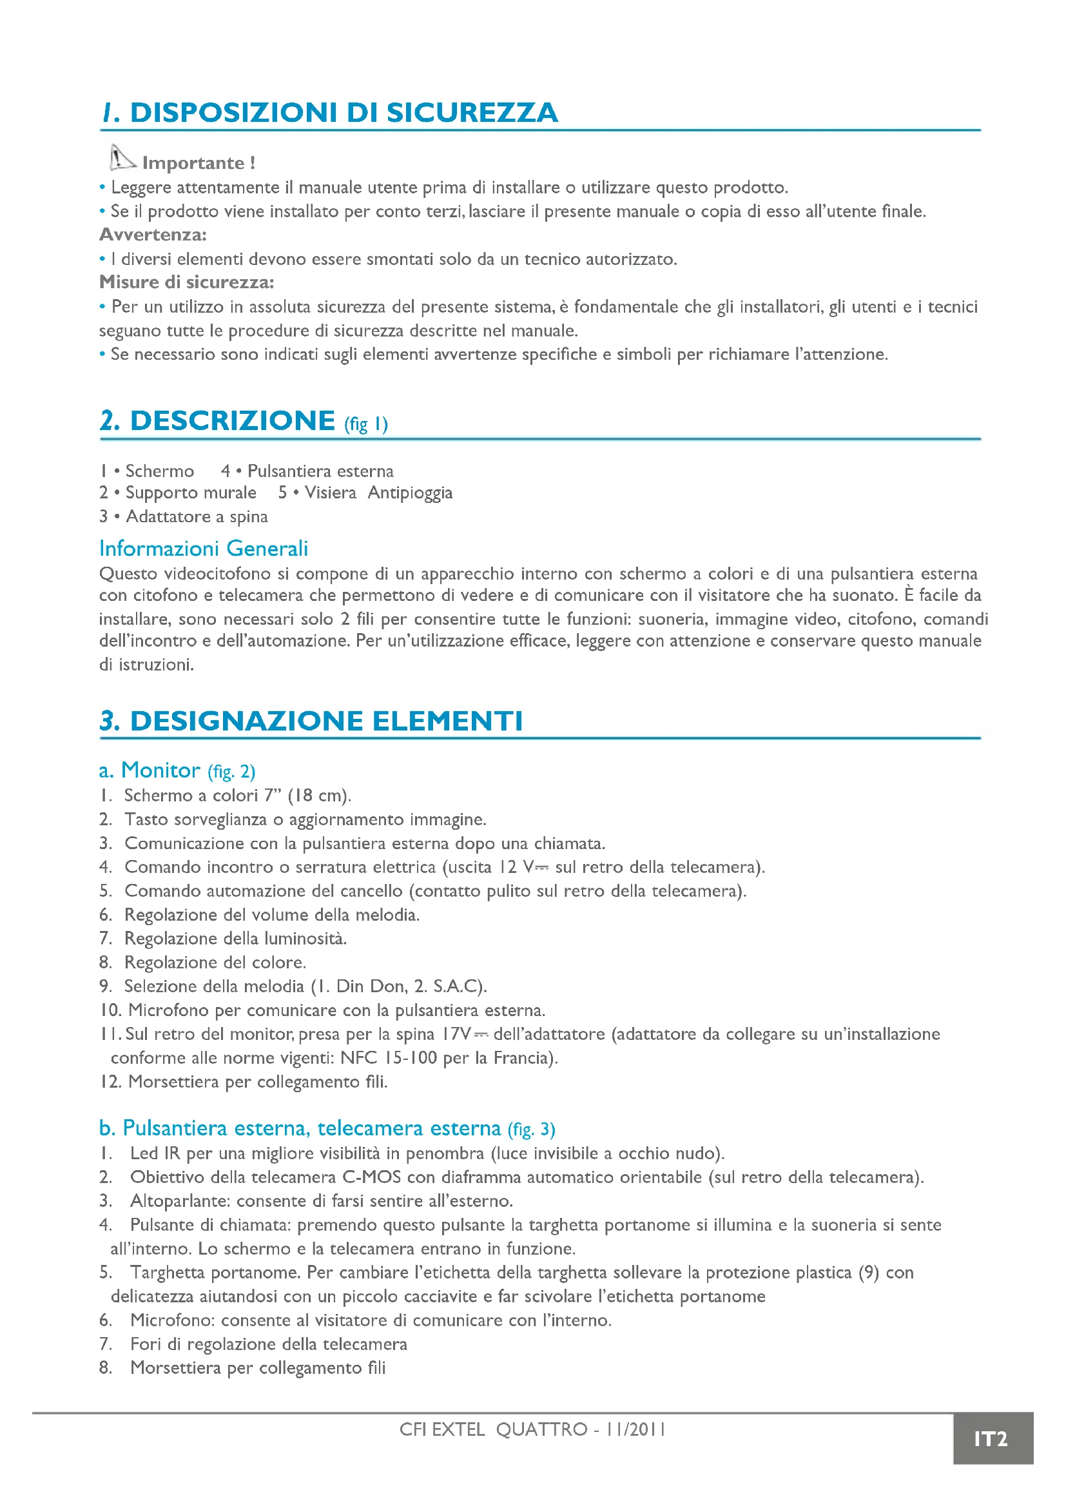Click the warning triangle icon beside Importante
coord(121,157)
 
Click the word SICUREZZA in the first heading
coord(472,112)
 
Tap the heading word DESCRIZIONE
coord(233,420)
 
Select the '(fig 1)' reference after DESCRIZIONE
coord(365,424)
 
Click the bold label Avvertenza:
coord(153,235)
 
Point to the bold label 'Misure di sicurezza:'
coord(186,282)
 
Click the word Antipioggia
coord(410,493)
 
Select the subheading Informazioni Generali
coord(204,548)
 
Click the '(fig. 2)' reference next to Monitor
coord(231,771)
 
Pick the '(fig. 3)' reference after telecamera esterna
coord(531,1129)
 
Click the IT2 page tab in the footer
coord(990,1439)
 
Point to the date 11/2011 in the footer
coord(635,1429)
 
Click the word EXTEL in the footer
coord(458,1429)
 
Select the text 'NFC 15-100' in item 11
coord(388,1058)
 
